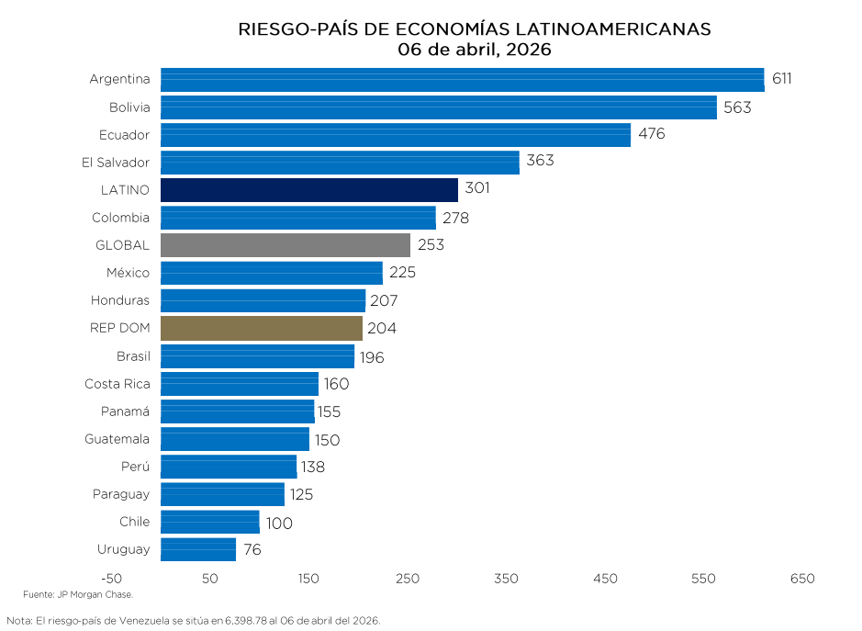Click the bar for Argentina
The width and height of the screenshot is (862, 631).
coord(462,80)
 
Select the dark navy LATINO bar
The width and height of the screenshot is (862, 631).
coord(308,190)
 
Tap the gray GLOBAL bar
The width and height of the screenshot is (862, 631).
coord(285,245)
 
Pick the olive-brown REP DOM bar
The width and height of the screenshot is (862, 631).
coord(261,329)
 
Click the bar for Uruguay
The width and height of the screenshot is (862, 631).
coord(197,549)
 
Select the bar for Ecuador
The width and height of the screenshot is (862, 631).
coord(395,135)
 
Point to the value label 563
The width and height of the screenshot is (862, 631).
coord(737,107)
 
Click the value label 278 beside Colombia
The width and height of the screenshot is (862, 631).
coord(455,219)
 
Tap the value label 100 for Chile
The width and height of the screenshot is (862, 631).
coord(279,524)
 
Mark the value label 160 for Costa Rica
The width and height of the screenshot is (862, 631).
coord(336,384)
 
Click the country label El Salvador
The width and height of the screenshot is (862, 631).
coord(115,163)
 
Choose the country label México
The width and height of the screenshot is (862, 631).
coord(128,273)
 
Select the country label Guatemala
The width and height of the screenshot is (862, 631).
coord(117,439)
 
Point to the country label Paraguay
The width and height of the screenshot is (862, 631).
coord(120,494)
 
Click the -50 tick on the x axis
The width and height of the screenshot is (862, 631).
coord(111,579)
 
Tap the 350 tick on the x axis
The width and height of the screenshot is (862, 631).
coord(506,579)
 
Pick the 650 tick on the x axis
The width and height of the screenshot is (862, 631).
coord(801,579)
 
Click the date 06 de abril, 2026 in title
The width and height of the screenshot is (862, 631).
coord(474,50)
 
